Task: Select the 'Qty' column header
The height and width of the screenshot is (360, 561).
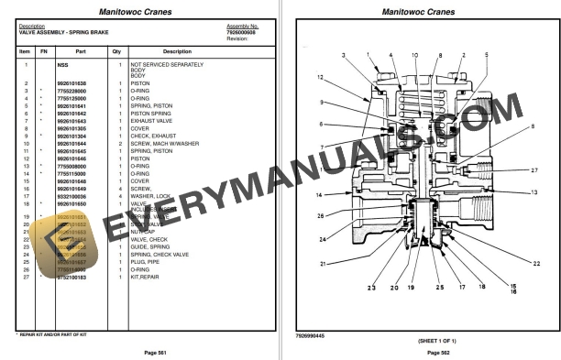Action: (x=116, y=51)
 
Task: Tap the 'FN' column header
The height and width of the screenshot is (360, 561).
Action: (x=42, y=51)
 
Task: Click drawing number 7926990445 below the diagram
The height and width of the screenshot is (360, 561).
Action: (x=309, y=335)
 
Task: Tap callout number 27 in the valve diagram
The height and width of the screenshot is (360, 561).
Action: (x=534, y=170)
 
